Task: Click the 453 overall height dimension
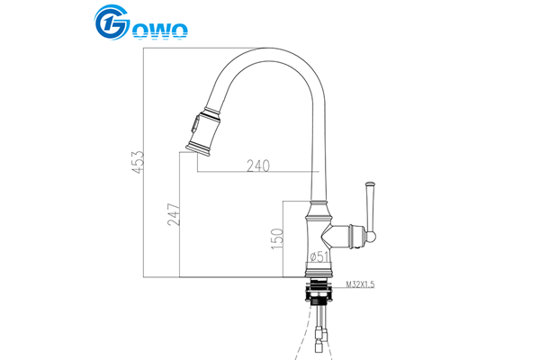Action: (x=139, y=162)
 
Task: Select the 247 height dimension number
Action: (x=174, y=214)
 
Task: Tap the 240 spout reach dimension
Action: (x=258, y=166)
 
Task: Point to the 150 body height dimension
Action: (x=277, y=238)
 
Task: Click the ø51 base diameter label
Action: (x=319, y=256)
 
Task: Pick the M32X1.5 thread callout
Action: (x=360, y=284)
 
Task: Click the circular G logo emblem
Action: (x=112, y=22)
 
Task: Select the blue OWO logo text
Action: (x=160, y=31)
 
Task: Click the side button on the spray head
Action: (x=195, y=124)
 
